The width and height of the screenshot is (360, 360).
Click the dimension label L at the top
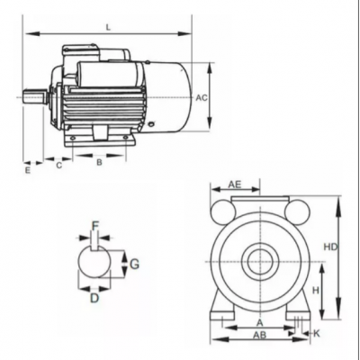[x=108, y=27]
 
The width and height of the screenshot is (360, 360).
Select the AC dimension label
[x=202, y=98]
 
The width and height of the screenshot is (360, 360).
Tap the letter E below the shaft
[x=28, y=171]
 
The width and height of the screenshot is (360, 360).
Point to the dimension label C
[x=59, y=166]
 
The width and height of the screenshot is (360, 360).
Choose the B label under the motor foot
[x=99, y=163]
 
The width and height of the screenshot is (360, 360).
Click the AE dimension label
[x=235, y=184]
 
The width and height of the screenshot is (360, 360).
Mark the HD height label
[x=330, y=247]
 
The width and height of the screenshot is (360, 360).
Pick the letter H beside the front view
[x=316, y=290]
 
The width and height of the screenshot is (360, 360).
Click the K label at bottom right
[x=317, y=333]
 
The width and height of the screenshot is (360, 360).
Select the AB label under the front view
[x=260, y=335]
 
